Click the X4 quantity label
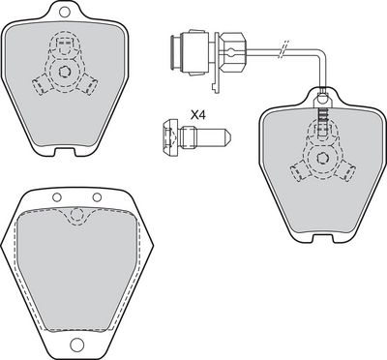pos(198,114)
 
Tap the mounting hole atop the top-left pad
pos(65,12)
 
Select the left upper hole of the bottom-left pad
pos(57,196)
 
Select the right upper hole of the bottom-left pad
pos(97,196)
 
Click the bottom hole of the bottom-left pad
pos(76,344)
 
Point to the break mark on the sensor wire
pos(283,49)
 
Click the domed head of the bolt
pos(169,136)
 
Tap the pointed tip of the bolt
pos(230,136)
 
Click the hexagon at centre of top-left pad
pos(65,73)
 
